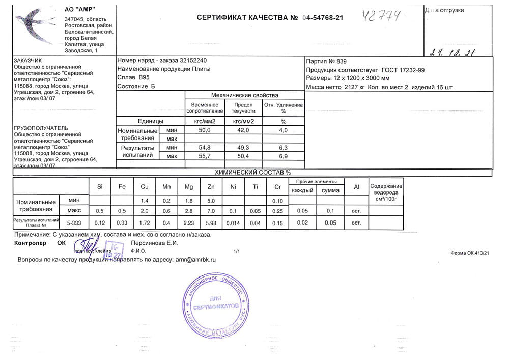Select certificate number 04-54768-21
(323, 18)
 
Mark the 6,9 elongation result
(283, 155)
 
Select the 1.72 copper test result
(145, 223)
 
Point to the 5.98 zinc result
(211, 223)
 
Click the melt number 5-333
(74, 223)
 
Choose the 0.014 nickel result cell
(233, 223)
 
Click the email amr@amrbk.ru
(196, 259)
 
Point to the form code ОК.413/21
(470, 253)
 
